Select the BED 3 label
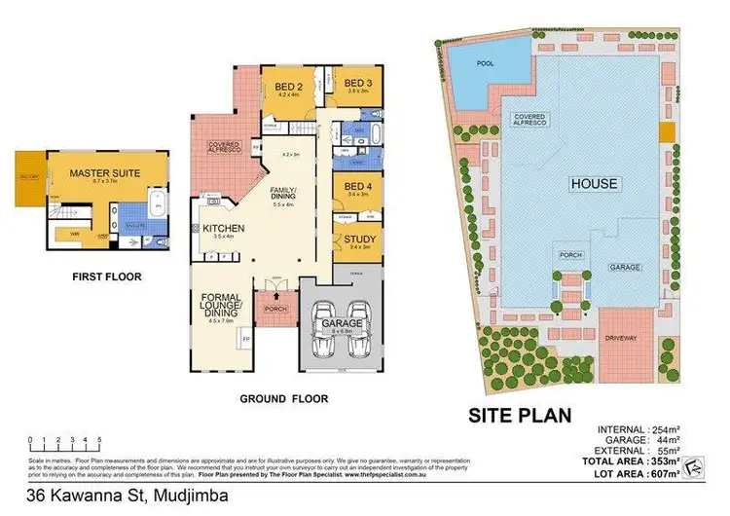357,83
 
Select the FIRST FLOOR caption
106,277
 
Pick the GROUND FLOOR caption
283,398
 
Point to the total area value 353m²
661,461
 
